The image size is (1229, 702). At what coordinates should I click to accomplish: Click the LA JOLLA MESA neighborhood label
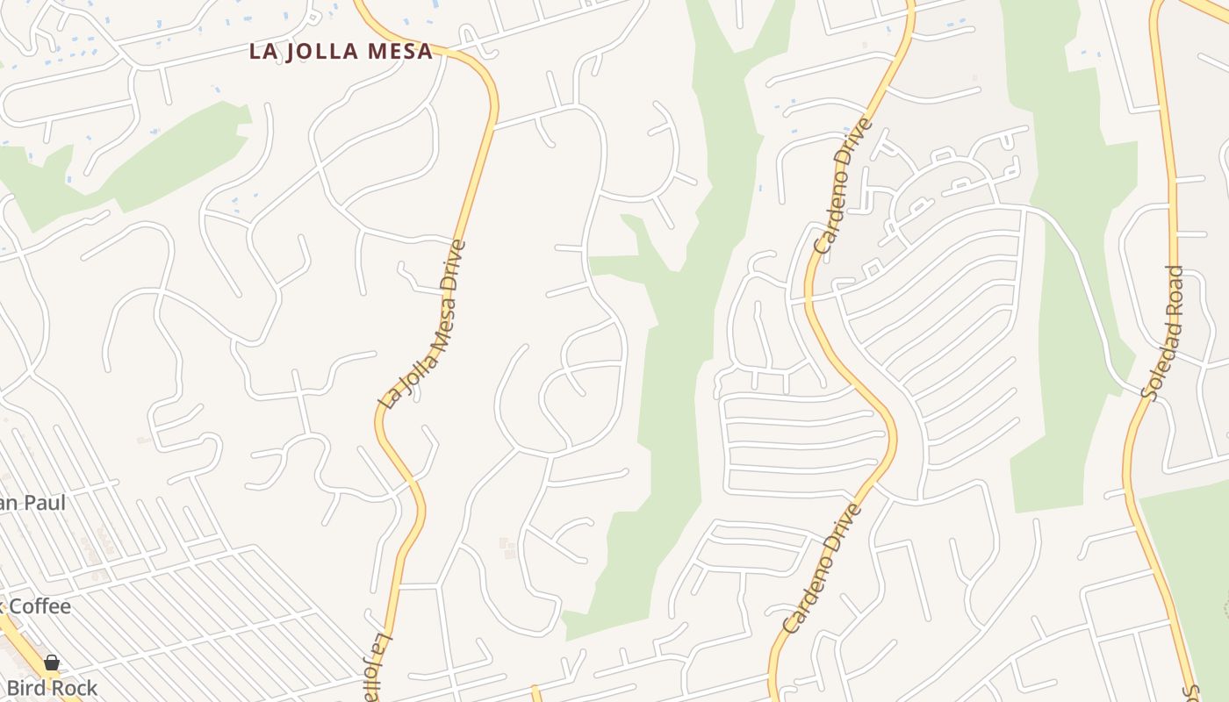coord(341,51)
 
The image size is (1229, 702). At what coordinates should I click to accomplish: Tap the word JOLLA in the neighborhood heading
coord(321,51)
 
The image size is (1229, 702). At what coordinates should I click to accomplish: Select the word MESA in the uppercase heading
coord(400,51)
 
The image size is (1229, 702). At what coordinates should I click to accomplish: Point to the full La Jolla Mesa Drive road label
coord(421,324)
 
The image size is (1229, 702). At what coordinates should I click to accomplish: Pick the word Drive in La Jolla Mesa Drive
coord(451,264)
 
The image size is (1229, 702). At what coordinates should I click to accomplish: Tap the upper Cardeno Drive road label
coord(844,186)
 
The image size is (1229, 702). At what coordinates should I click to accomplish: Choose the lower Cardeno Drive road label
coord(823,569)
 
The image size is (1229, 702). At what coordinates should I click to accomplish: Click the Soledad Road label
coord(1163,333)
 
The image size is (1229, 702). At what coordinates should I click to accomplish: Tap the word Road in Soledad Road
coord(1174,286)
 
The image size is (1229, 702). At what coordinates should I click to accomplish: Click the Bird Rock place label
coord(51,688)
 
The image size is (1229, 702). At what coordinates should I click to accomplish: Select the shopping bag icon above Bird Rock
coord(52,662)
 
